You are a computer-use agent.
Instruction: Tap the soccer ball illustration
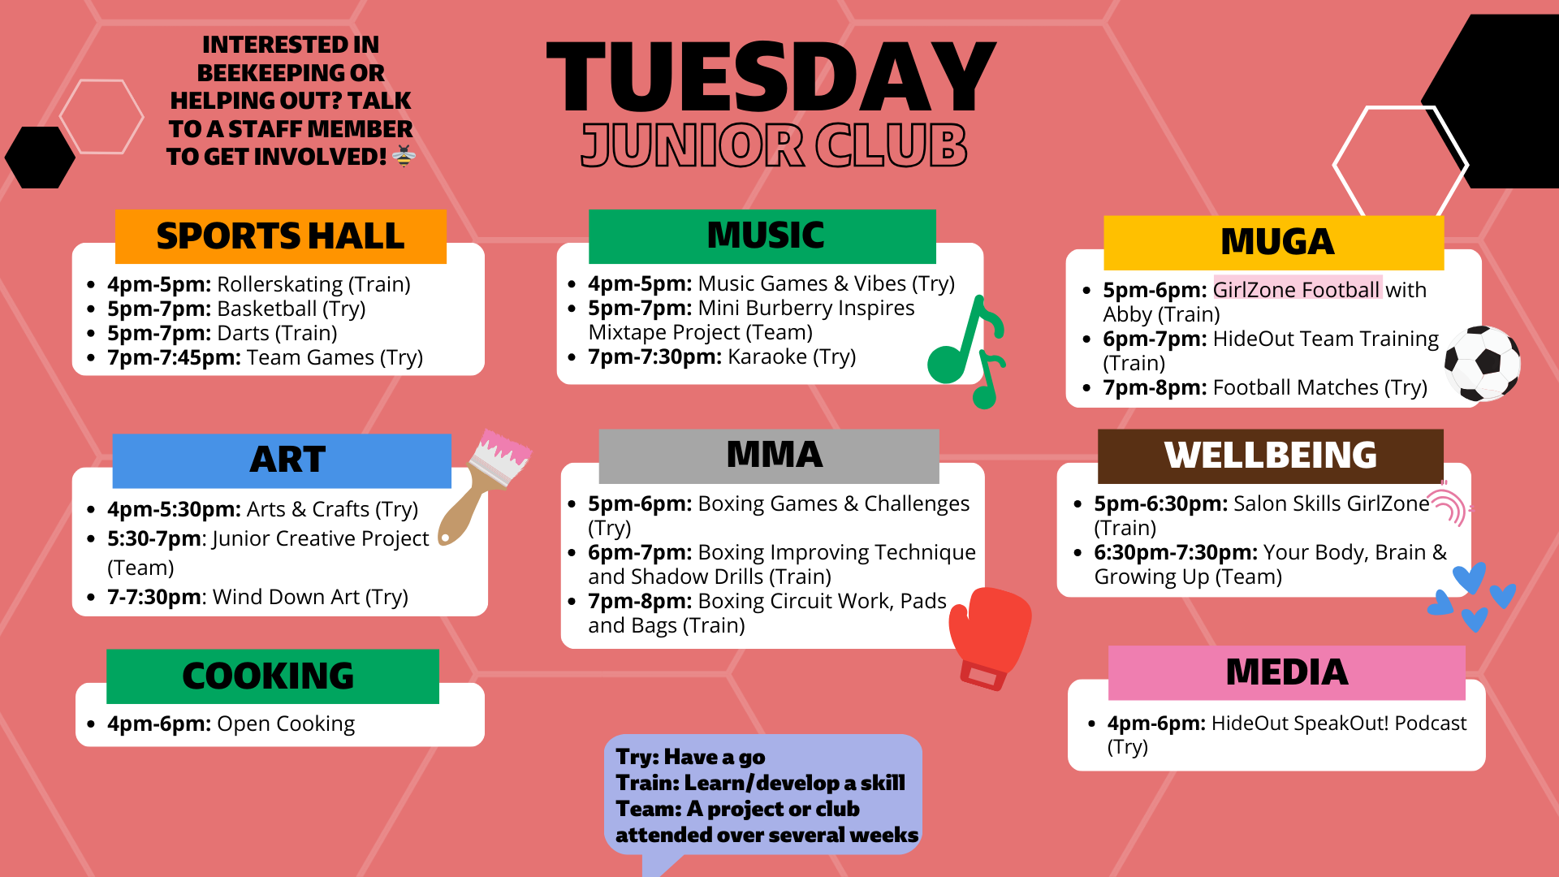pyautogui.click(x=1482, y=363)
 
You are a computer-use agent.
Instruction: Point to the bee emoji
pyautogui.click(x=404, y=156)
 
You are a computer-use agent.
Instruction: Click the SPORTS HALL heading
pyautogui.click(x=280, y=236)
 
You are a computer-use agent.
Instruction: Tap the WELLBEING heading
pyautogui.click(x=1270, y=456)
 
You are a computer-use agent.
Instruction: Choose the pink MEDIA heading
pyautogui.click(x=1286, y=672)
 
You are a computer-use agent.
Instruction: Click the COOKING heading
pyautogui.click(x=269, y=676)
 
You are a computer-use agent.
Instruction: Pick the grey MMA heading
pyautogui.click(x=774, y=455)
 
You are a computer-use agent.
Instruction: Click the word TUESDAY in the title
pyautogui.click(x=771, y=77)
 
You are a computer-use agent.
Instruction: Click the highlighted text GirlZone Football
pyautogui.click(x=1296, y=290)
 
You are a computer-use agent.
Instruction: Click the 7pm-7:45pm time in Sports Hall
pyautogui.click(x=174, y=357)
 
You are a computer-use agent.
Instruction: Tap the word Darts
pyautogui.click(x=243, y=333)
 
